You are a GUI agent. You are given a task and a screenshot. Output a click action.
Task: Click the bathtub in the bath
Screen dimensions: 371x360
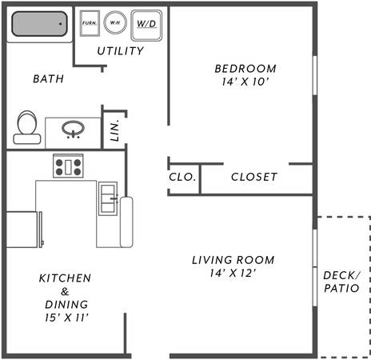(x=39, y=24)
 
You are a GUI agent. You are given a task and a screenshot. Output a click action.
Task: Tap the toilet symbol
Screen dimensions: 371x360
(x=27, y=127)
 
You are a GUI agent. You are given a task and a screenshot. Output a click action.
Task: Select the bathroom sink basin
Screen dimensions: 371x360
(x=73, y=129)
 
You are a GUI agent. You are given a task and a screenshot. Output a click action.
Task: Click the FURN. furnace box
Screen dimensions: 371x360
(x=90, y=23)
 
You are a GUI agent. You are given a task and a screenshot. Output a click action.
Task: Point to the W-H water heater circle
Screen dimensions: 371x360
(x=115, y=22)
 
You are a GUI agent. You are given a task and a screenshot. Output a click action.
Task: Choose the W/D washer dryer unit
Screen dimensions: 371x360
(x=146, y=26)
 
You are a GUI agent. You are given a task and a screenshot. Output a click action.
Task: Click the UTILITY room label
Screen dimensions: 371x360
(x=121, y=51)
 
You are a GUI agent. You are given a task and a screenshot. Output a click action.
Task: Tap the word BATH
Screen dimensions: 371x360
(x=49, y=79)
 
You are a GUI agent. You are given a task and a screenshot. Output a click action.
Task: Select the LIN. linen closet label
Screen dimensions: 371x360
(x=114, y=130)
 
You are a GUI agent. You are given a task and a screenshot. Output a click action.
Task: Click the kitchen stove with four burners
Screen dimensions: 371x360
(x=68, y=166)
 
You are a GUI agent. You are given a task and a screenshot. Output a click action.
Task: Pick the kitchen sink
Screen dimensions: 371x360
(x=108, y=198)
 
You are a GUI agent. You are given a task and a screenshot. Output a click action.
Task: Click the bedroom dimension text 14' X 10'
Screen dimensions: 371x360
(x=245, y=82)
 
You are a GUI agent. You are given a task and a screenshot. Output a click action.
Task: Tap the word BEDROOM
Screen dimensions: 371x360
(x=245, y=69)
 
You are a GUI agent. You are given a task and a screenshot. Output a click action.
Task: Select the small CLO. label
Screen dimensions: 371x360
(x=182, y=177)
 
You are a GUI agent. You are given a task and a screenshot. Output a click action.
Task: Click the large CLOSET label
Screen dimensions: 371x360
(x=254, y=177)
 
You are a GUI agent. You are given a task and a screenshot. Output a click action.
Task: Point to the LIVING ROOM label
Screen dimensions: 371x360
(x=233, y=260)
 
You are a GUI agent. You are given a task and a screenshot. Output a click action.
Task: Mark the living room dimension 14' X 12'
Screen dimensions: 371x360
(x=233, y=273)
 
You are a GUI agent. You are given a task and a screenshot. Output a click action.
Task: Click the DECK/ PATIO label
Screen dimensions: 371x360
(x=341, y=282)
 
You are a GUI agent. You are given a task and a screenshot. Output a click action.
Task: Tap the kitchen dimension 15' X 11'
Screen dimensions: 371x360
(x=66, y=318)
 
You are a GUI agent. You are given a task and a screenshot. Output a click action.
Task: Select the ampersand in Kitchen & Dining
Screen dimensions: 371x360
(x=65, y=292)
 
